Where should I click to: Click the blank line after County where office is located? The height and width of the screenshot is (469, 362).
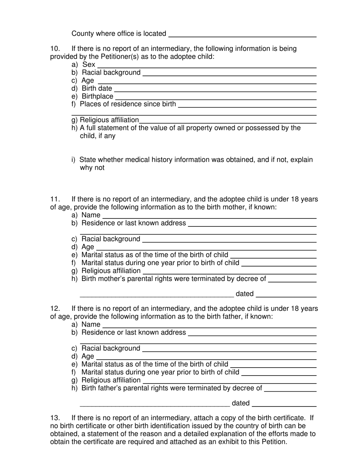[242, 34]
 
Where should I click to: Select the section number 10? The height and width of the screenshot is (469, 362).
[55, 49]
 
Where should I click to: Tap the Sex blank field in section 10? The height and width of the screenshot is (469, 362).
[207, 65]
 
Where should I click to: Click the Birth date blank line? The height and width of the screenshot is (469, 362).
[215, 89]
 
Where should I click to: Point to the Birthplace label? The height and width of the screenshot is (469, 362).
[97, 96]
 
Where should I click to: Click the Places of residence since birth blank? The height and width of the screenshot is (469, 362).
[247, 105]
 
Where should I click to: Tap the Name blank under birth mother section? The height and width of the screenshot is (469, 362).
[210, 216]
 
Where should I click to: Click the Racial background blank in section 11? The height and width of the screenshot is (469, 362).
[229, 239]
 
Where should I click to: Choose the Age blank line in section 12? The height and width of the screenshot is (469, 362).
[206, 357]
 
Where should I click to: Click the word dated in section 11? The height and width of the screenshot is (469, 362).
[245, 294]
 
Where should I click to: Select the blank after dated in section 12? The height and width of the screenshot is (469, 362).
[284, 404]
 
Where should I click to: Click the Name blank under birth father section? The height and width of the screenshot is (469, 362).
[210, 325]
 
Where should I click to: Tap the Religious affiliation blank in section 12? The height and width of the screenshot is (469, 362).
[229, 381]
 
